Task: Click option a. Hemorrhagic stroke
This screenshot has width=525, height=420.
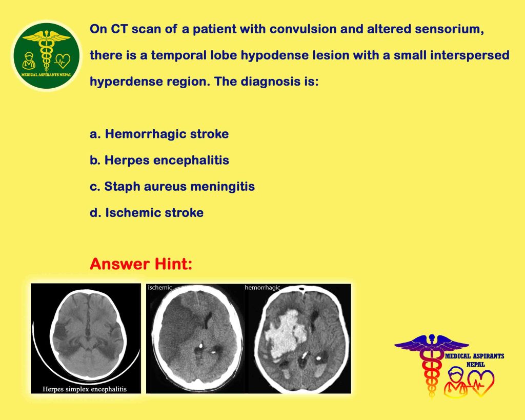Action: point(159,134)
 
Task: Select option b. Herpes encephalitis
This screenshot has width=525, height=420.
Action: point(159,160)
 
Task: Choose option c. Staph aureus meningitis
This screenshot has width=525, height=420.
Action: point(172,186)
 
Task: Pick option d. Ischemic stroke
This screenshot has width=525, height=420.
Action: point(147,213)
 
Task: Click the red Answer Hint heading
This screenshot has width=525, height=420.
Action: point(141,264)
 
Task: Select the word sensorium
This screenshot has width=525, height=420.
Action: point(449,29)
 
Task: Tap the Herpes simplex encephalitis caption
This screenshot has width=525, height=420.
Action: point(85,389)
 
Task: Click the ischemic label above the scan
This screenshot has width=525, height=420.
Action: point(160,287)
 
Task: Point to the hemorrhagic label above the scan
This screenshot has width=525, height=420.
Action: point(262,288)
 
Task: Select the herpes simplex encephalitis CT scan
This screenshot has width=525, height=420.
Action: point(86,338)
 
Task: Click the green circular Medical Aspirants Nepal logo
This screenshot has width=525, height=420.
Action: point(47,56)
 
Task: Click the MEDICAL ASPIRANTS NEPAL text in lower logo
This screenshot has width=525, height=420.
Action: point(475,359)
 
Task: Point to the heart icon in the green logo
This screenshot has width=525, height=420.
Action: point(62,61)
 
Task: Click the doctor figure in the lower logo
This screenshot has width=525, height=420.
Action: point(455,382)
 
